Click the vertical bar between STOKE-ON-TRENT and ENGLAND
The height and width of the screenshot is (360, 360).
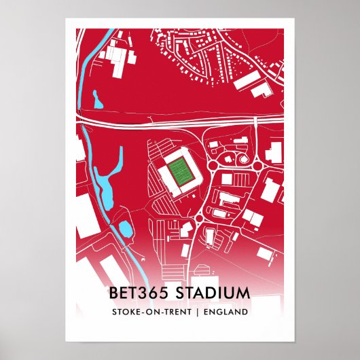196,312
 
